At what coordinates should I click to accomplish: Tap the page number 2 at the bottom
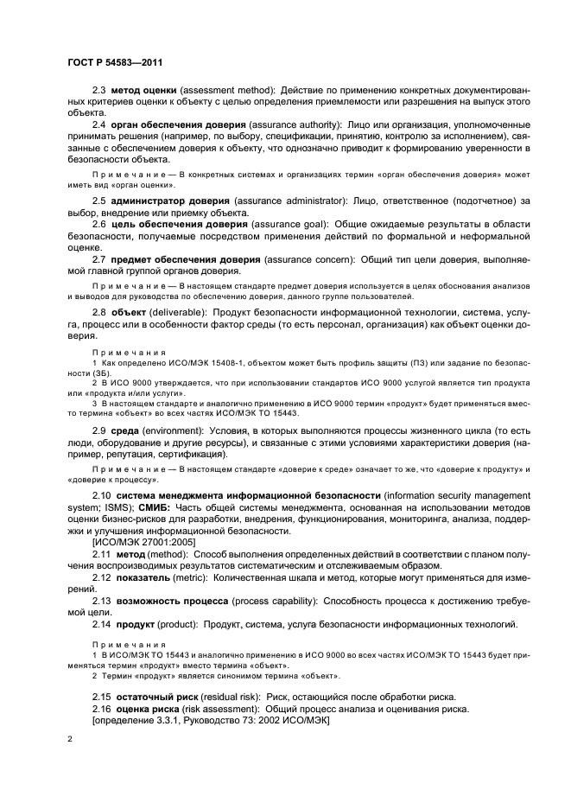coord(70,741)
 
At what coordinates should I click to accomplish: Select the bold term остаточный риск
coord(156,697)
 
